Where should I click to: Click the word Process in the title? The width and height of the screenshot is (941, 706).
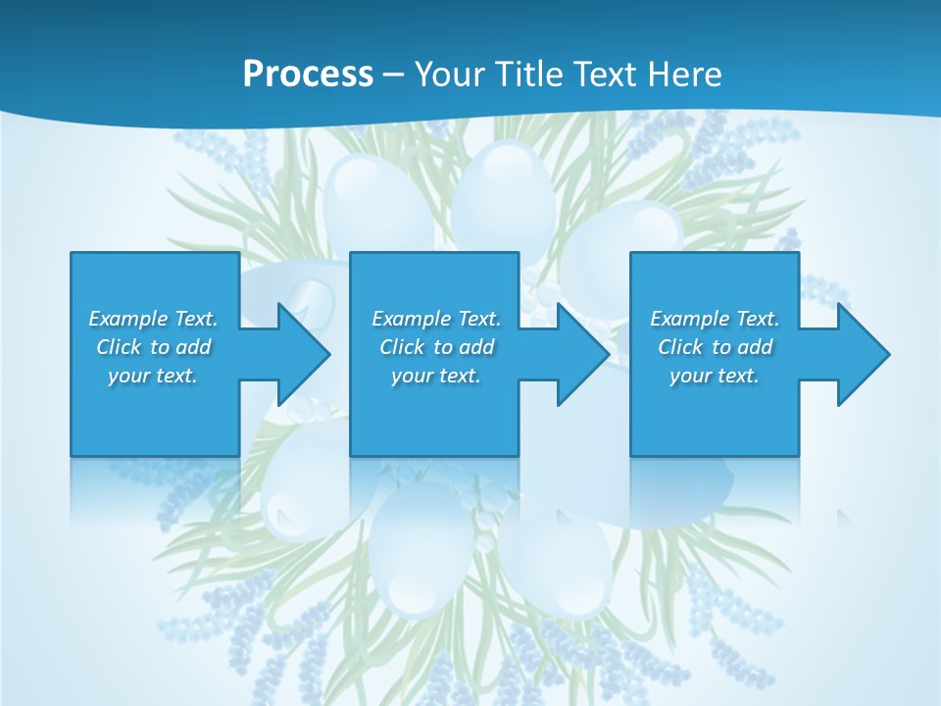[x=308, y=74]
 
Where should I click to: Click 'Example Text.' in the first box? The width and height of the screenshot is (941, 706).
[x=153, y=319]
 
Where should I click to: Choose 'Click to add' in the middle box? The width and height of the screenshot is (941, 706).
[x=436, y=347]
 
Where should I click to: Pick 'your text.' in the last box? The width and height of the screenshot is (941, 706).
[x=715, y=376]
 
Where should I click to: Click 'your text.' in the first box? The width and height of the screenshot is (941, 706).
[x=153, y=376]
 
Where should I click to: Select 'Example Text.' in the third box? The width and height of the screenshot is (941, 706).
[x=715, y=319]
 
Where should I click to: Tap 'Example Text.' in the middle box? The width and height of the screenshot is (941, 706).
[x=436, y=319]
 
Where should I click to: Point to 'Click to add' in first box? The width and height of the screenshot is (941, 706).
[x=153, y=347]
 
